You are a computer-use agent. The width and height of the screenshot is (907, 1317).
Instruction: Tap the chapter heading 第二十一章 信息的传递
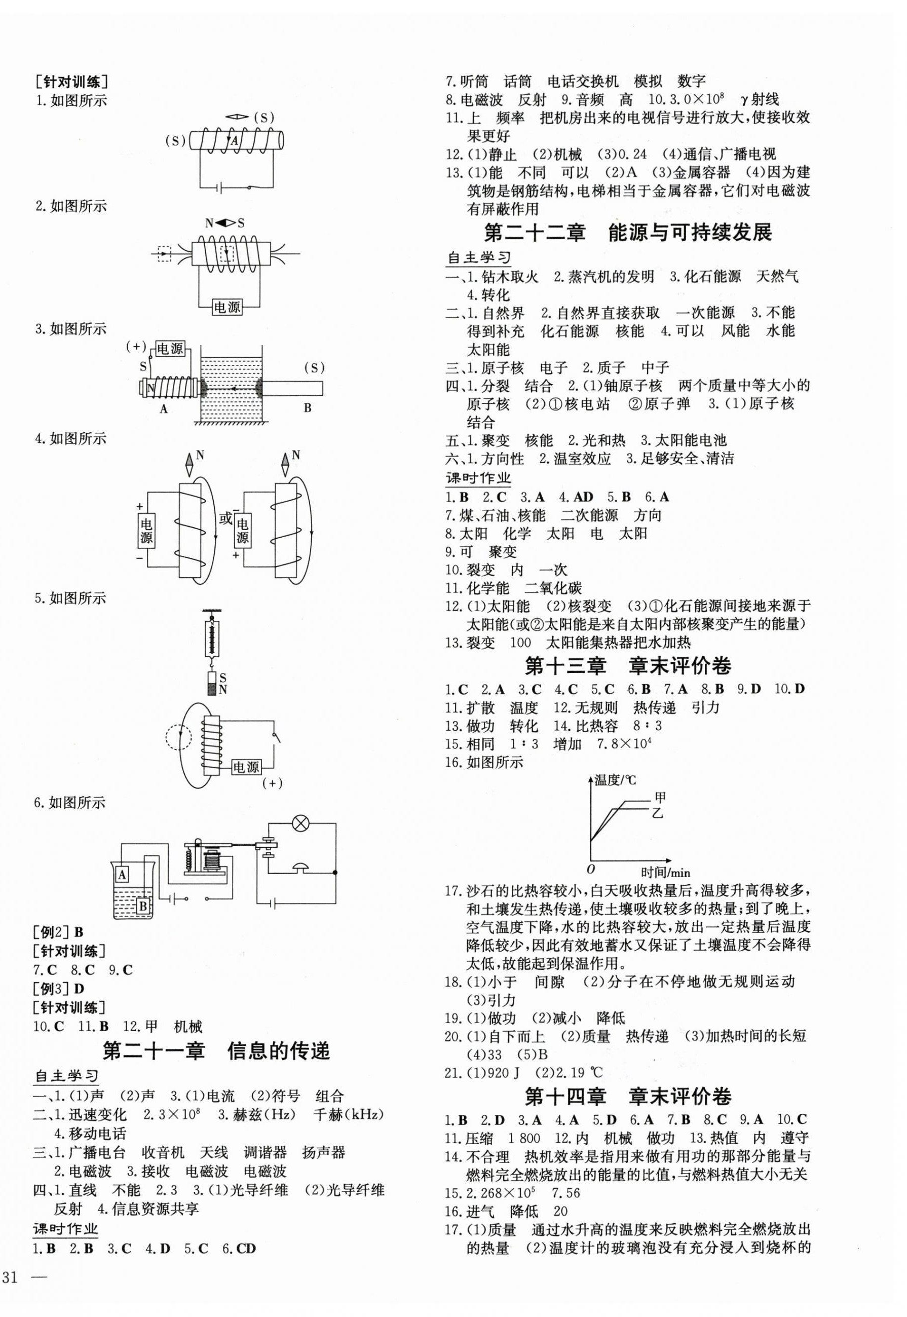[216, 1051]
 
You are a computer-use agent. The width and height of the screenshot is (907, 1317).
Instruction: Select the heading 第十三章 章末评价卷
[628, 666]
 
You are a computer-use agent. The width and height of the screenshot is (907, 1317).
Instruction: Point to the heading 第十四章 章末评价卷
[628, 1097]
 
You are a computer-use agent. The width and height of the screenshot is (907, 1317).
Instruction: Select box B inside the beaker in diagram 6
[143, 905]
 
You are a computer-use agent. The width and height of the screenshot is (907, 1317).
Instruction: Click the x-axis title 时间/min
[665, 872]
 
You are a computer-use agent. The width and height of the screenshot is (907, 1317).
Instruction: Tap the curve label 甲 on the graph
[660, 797]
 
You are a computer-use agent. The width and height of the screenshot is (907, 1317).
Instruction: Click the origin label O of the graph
[590, 869]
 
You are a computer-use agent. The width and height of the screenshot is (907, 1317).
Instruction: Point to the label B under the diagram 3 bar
[308, 408]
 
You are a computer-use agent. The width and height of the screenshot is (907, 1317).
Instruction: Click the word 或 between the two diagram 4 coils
[225, 518]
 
